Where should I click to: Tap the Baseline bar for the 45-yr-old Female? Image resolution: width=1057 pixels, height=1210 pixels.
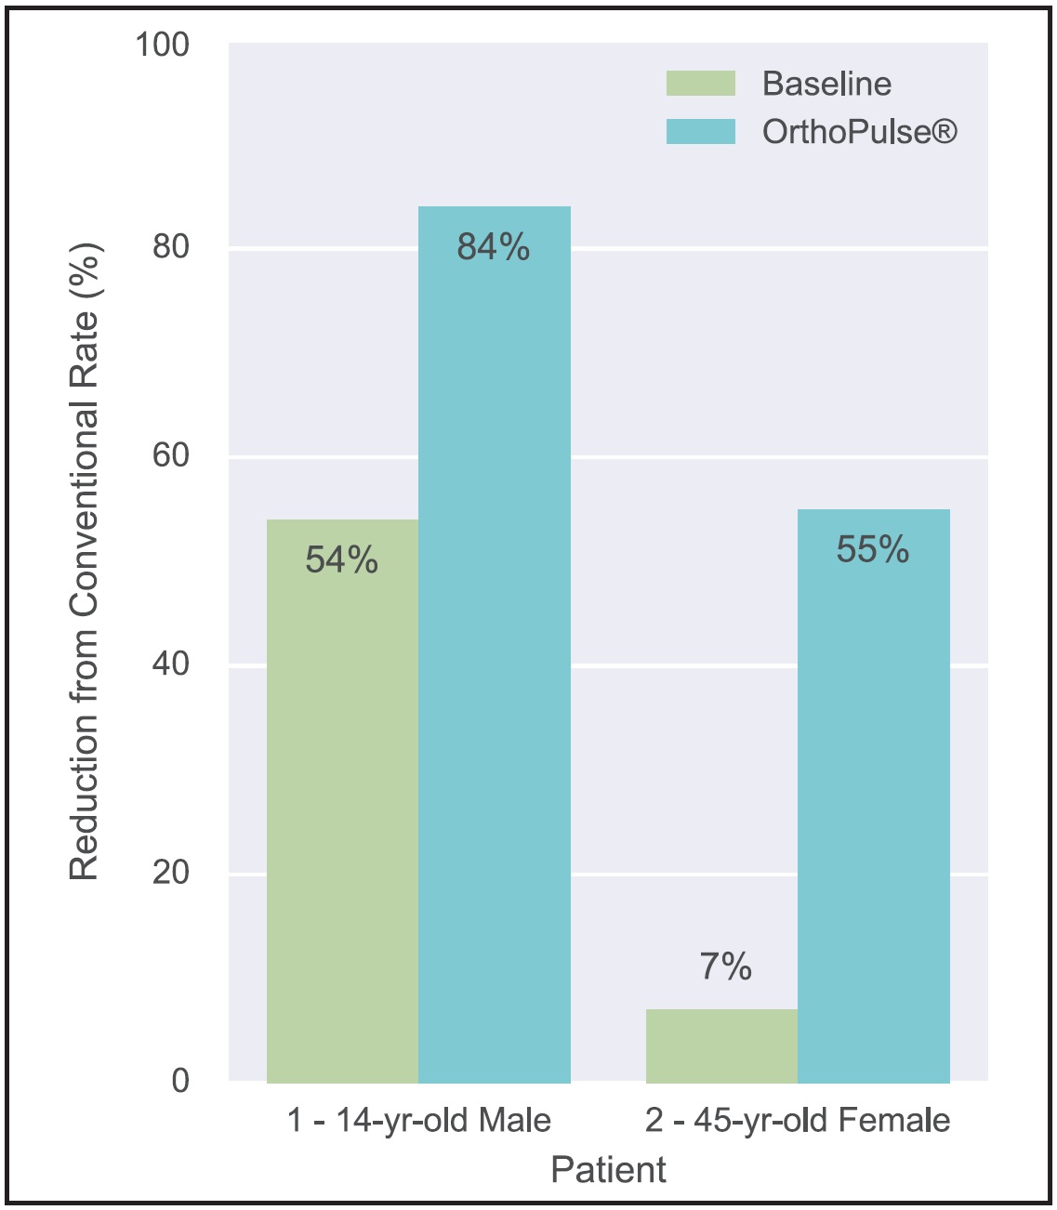[x=721, y=1046]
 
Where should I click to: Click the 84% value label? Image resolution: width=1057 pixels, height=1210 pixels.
[x=494, y=247]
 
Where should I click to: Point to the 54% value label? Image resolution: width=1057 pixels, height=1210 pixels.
[x=342, y=559]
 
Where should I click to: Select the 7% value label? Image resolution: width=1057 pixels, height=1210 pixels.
[x=725, y=967]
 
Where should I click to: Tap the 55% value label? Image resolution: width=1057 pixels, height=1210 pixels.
[x=873, y=549]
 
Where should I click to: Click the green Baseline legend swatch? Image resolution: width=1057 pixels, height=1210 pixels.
[x=701, y=84]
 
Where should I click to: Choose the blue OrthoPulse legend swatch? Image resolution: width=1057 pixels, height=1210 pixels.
[x=701, y=132]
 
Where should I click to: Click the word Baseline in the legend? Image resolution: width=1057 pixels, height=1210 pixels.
[x=826, y=84]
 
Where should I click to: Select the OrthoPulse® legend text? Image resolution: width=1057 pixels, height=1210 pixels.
[x=859, y=132]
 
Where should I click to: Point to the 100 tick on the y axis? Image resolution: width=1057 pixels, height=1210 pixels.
[x=162, y=44]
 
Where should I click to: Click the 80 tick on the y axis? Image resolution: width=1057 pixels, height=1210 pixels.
[x=170, y=246]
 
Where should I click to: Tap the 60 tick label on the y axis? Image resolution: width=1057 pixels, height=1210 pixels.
[x=170, y=455]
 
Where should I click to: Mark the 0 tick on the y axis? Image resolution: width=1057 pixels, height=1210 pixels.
[x=180, y=1080]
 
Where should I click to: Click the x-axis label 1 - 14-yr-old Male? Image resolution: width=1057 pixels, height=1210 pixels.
[x=419, y=1121]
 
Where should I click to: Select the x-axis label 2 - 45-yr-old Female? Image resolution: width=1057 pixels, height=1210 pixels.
[x=798, y=1121]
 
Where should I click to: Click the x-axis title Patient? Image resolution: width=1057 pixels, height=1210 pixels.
[x=608, y=1169]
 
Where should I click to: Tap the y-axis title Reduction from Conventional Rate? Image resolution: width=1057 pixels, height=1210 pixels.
[x=85, y=562]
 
